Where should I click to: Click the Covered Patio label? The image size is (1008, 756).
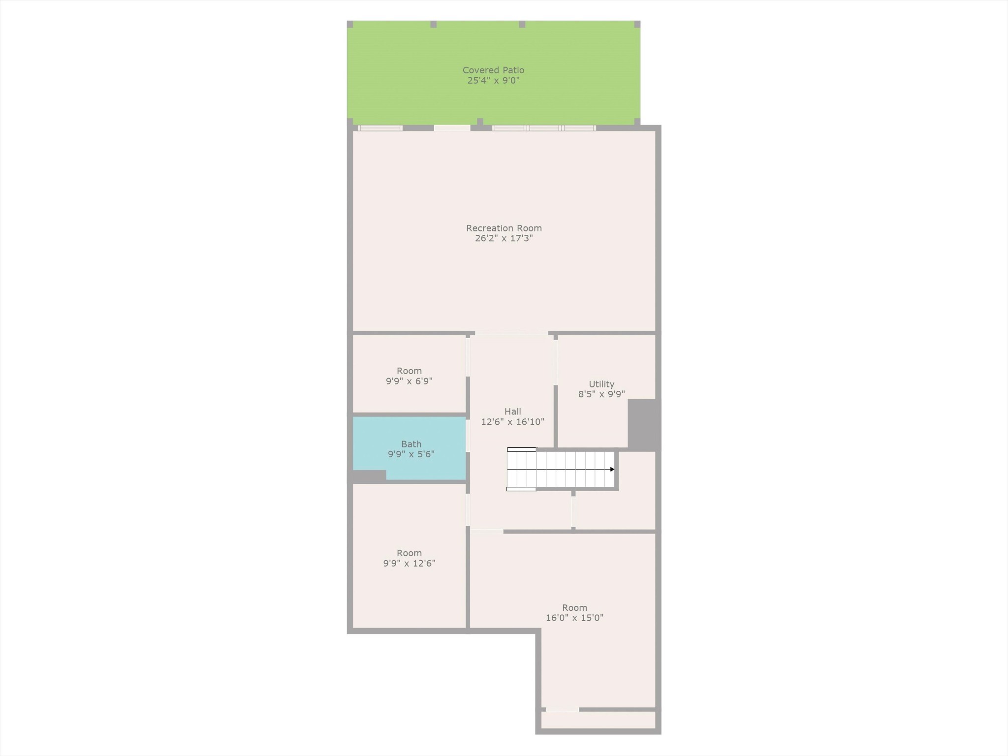tap(493, 70)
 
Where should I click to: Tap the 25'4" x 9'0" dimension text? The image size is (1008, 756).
tap(493, 81)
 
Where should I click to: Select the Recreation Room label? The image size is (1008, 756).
tap(504, 228)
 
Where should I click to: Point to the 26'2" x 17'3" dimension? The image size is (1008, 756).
tap(504, 239)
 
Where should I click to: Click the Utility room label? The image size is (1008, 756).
tap(601, 384)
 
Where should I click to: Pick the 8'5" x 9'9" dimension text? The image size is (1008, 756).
tap(601, 394)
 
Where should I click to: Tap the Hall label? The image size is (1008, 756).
tap(512, 411)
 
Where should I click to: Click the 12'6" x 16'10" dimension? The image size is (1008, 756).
tap(512, 422)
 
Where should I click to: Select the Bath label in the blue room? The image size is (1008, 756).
tap(411, 444)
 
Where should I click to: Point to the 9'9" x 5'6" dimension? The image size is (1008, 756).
tap(411, 454)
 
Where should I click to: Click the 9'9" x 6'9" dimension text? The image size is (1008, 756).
tap(409, 381)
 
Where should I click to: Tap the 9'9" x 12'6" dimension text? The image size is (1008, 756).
tap(409, 564)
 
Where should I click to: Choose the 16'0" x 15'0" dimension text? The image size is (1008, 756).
tap(574, 618)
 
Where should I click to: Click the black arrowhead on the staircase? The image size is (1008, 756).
tap(612, 470)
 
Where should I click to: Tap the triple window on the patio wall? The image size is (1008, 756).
tap(544, 128)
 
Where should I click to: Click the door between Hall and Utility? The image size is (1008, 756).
tap(556, 362)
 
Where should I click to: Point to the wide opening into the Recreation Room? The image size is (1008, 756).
tap(511, 333)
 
